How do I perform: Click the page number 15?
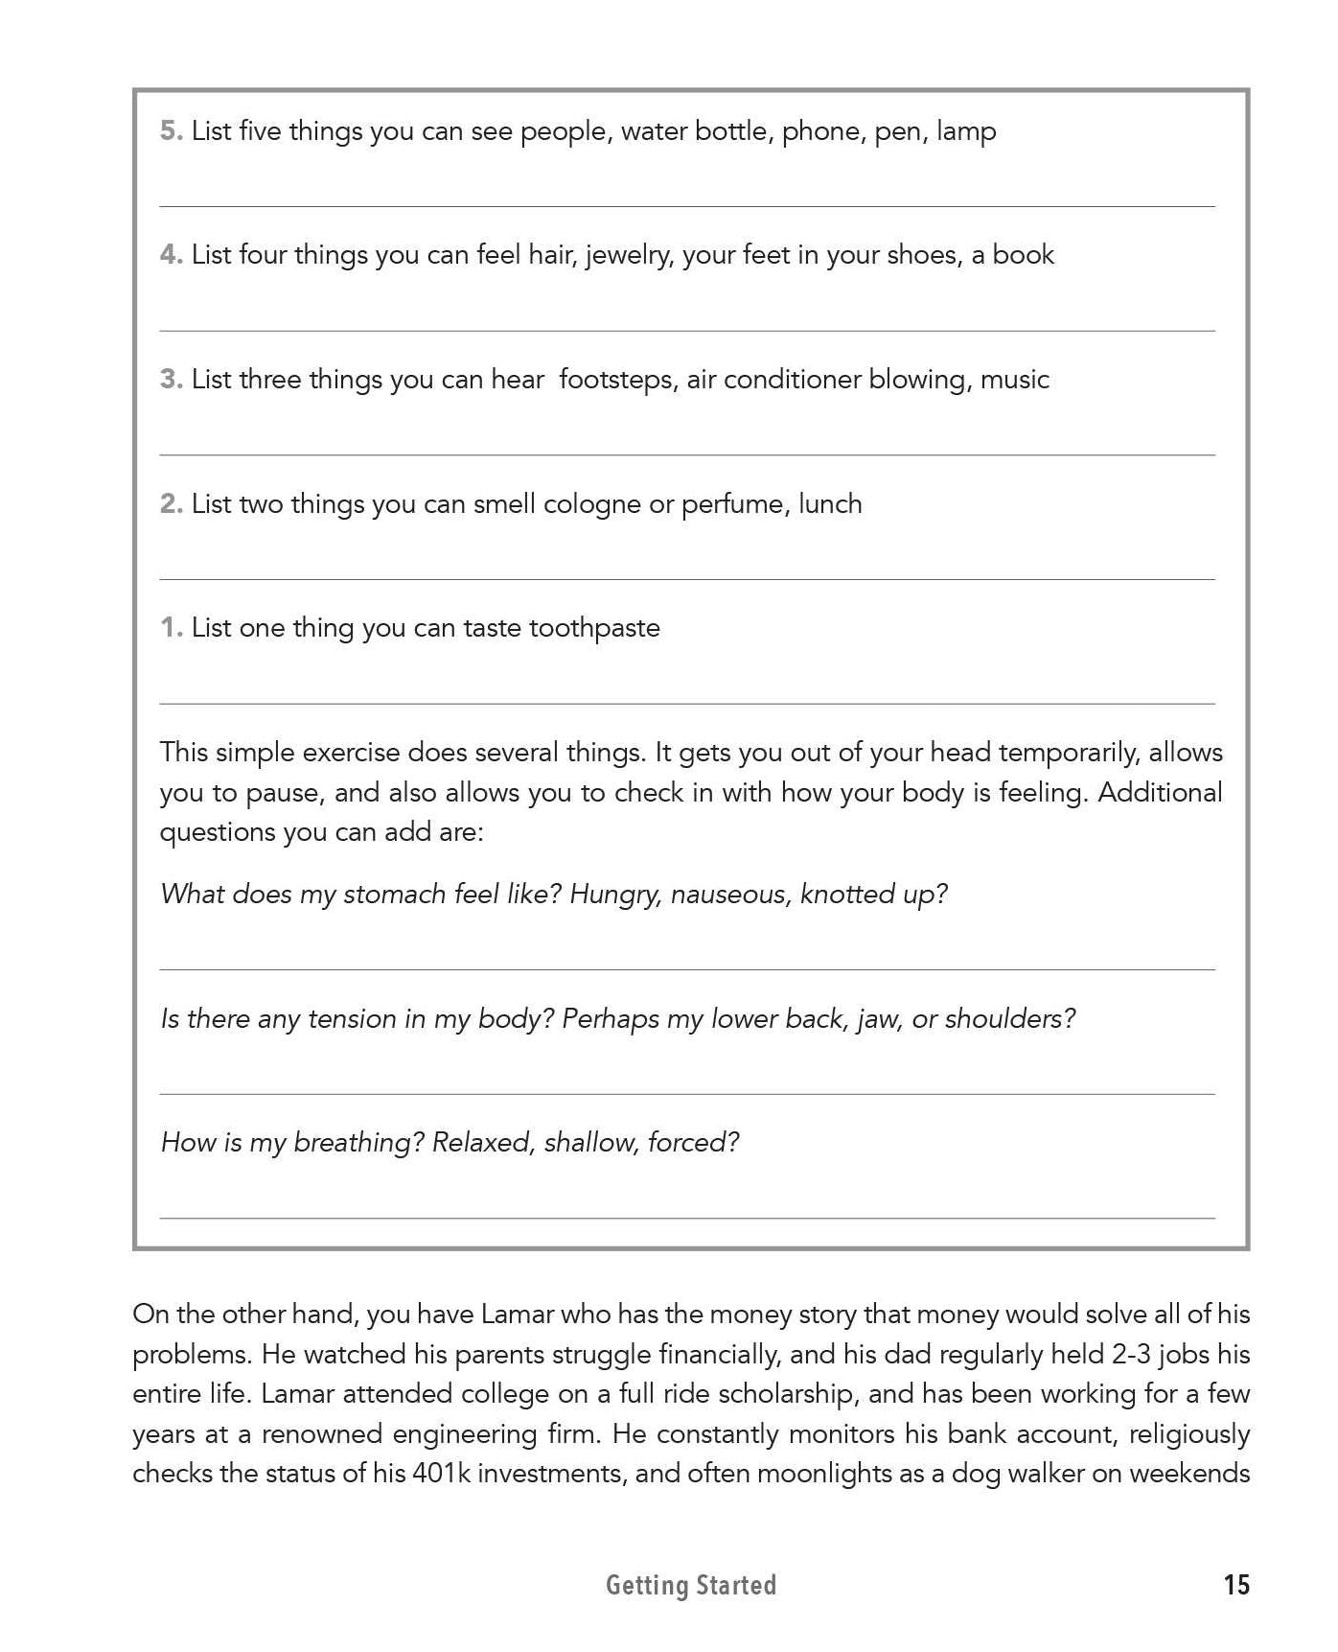pos(1236,1585)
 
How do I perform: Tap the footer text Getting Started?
pos(690,1586)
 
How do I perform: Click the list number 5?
pos(171,130)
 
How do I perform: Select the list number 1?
pos(171,628)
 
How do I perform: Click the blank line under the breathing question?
pos(686,1217)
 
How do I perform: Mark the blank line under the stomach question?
pos(686,968)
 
